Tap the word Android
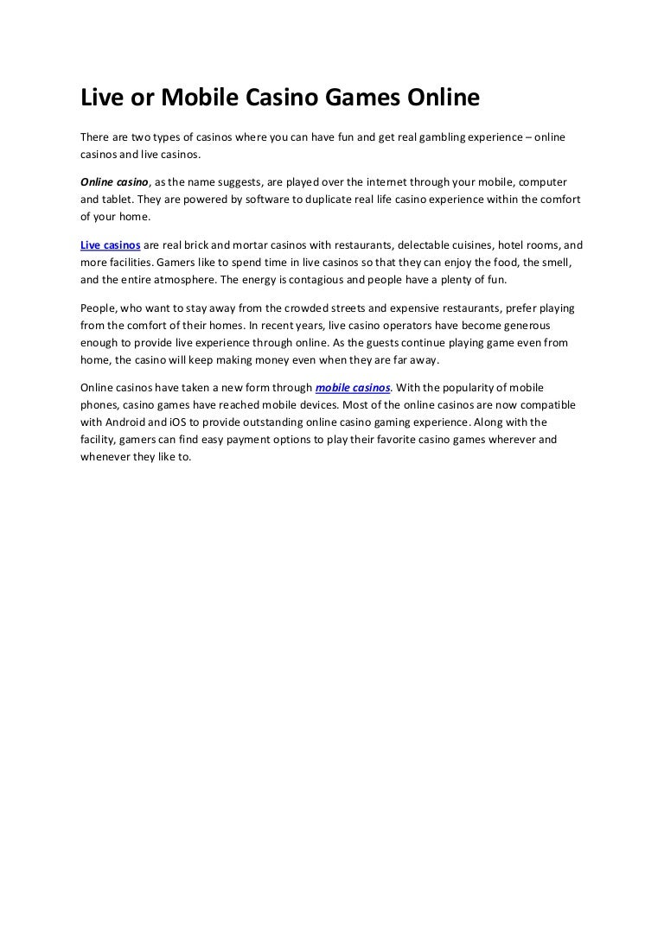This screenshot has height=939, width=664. point(126,422)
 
